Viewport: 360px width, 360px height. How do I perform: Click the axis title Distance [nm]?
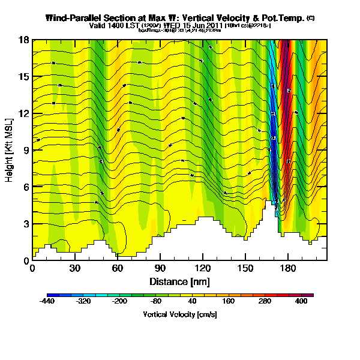179,281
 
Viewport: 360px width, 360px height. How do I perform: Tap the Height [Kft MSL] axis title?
10,150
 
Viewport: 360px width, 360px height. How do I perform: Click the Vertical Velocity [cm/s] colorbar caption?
179,314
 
